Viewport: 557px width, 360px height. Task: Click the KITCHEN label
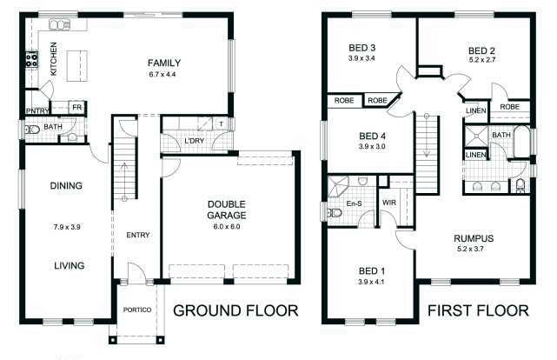pyautogui.click(x=53, y=58)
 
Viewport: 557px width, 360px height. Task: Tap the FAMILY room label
pyautogui.click(x=163, y=63)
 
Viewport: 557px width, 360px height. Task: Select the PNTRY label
pyautogui.click(x=36, y=110)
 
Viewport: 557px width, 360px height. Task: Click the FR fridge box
pyautogui.click(x=76, y=108)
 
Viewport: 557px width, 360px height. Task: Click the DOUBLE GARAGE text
pyautogui.click(x=227, y=209)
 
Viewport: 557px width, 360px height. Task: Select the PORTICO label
pyautogui.click(x=138, y=310)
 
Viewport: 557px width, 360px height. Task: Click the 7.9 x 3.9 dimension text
pyautogui.click(x=66, y=228)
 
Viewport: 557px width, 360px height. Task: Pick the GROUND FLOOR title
pyautogui.click(x=236, y=310)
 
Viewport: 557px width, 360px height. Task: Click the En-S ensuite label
pyautogui.click(x=354, y=203)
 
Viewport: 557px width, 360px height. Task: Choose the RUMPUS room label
pyautogui.click(x=474, y=238)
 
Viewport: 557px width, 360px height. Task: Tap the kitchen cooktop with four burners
pyautogui.click(x=32, y=60)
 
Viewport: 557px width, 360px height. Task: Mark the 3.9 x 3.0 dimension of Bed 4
pyautogui.click(x=371, y=146)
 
